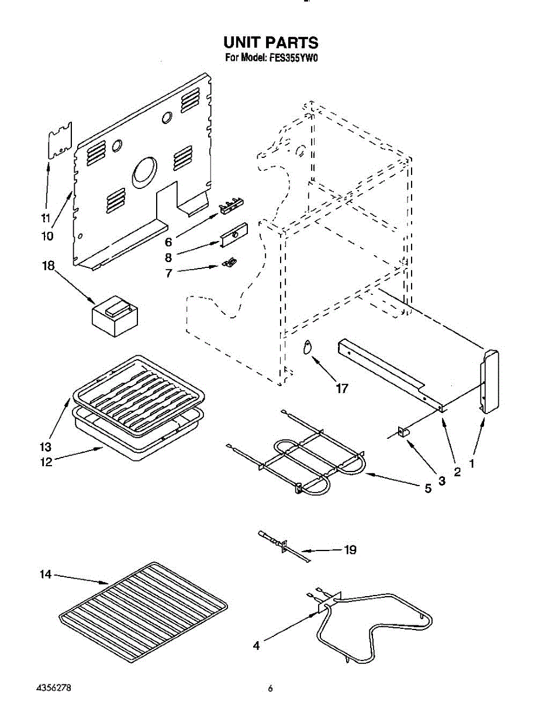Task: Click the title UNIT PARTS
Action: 271,43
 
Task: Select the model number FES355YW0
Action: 294,58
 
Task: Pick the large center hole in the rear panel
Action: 144,172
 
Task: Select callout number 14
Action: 46,575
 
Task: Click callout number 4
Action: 255,646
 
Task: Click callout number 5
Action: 428,488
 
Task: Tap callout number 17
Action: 341,388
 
